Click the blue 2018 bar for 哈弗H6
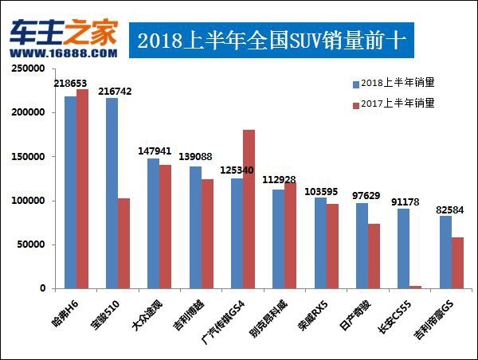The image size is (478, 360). [x=70, y=192]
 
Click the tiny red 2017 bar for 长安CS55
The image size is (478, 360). [x=415, y=287]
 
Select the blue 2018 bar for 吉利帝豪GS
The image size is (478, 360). [x=445, y=252]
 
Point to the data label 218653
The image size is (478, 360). [x=71, y=83]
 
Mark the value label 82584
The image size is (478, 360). [x=446, y=209]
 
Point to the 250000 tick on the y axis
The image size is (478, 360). [x=29, y=69]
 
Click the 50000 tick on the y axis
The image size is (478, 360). [x=31, y=245]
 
